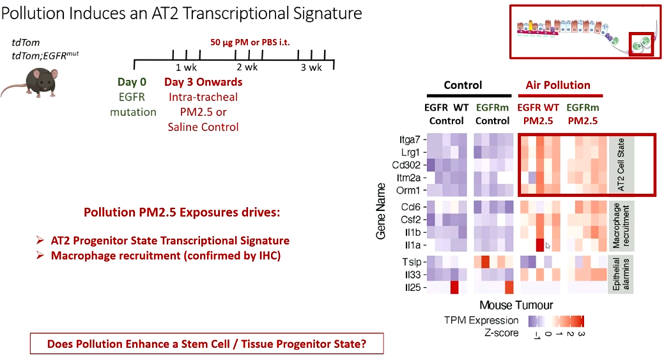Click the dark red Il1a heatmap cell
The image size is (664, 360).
pyautogui.click(x=541, y=245)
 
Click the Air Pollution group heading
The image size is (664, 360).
pyautogui.click(x=558, y=85)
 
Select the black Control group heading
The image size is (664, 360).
pyautogui.click(x=463, y=85)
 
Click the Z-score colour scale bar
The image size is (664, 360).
pyautogui.click(x=556, y=321)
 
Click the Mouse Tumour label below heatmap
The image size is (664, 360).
pyautogui.click(x=516, y=305)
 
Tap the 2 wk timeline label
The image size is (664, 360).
pyautogui.click(x=247, y=67)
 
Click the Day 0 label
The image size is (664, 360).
pyautogui.click(x=132, y=82)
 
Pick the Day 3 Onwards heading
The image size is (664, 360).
pyautogui.click(x=203, y=82)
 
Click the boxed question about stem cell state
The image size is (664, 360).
pyautogui.click(x=207, y=343)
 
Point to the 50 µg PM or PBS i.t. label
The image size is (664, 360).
pyautogui.click(x=255, y=43)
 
